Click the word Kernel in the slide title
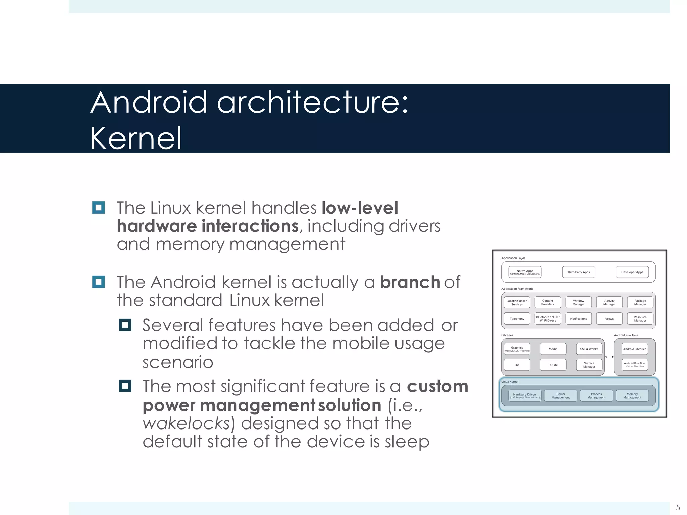[136, 138]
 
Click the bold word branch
[410, 282]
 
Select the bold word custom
[437, 386]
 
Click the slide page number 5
[678, 507]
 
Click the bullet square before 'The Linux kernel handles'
[98, 208]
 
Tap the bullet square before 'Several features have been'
[125, 325]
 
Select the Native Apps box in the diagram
[525, 272]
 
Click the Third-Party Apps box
[578, 272]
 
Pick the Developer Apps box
[632, 272]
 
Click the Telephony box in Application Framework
[517, 319]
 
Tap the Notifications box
[578, 319]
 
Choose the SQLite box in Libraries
[553, 365]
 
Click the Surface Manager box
[589, 365]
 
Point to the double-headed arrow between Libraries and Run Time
[609, 357]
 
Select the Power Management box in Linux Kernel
[561, 396]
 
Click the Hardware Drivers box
[525, 396]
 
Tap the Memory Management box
[632, 396]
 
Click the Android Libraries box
[634, 349]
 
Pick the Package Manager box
[640, 302]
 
